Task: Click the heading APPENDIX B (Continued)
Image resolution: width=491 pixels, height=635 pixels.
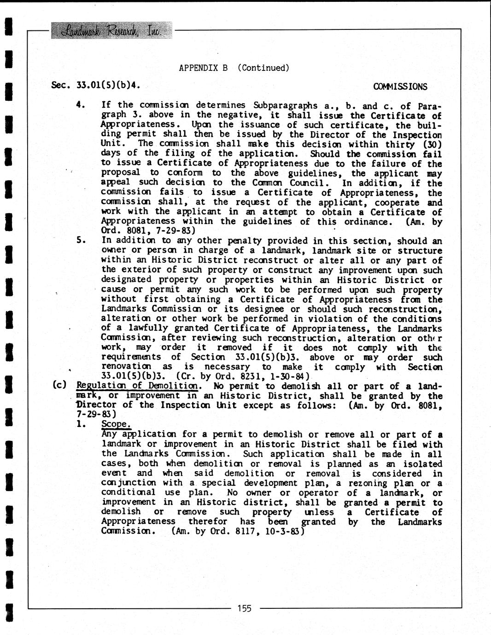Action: click(234, 68)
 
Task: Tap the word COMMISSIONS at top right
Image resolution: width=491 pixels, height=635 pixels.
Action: click(400, 87)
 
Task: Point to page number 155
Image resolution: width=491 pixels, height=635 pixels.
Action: click(245, 608)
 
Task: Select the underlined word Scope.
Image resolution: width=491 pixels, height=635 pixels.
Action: click(116, 424)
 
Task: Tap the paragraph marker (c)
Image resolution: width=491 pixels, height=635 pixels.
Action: click(60, 385)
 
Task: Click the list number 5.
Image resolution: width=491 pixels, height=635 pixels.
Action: click(81, 240)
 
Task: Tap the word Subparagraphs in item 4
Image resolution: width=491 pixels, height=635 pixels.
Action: click(282, 105)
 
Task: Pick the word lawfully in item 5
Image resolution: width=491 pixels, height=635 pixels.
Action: click(142, 329)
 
